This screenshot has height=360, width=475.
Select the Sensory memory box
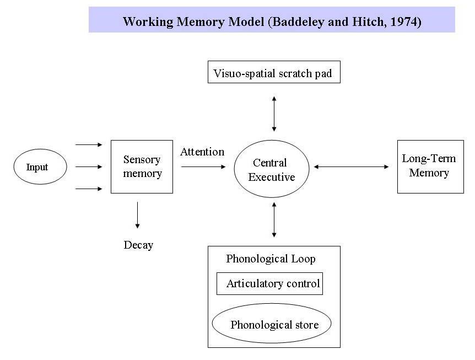click(x=142, y=166)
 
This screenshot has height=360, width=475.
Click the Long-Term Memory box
click(x=430, y=166)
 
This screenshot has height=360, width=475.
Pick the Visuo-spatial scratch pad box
click(x=273, y=72)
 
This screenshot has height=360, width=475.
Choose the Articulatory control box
click(x=269, y=284)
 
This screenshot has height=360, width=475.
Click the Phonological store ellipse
click(x=272, y=324)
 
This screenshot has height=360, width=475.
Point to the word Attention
click(x=202, y=152)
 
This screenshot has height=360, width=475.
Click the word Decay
click(x=138, y=245)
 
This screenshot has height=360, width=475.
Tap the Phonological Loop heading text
click(x=271, y=259)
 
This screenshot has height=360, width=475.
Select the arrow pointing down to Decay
click(x=137, y=215)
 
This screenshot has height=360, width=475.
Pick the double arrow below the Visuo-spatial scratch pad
click(x=274, y=113)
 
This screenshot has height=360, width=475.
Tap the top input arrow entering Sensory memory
click(x=89, y=144)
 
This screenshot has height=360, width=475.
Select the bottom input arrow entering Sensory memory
click(x=89, y=189)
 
